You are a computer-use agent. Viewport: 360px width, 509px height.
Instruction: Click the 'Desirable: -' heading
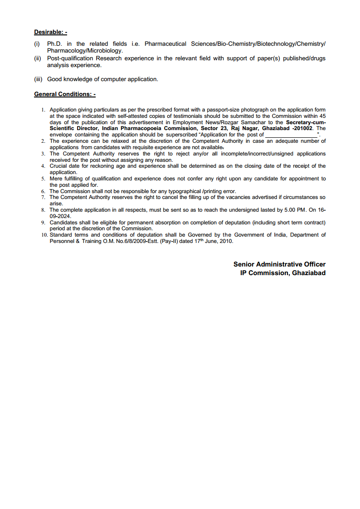(50, 32)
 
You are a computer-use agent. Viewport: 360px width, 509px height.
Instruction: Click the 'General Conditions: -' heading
(65, 94)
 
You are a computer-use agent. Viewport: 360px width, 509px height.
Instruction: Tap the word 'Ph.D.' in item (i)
(55, 44)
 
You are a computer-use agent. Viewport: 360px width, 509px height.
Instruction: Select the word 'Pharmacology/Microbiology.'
(85, 51)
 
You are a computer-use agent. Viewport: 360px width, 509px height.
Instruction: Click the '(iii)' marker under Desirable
(39, 79)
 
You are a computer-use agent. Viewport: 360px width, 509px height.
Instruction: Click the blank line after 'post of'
(291, 135)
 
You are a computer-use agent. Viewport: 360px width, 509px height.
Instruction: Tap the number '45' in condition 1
(322, 116)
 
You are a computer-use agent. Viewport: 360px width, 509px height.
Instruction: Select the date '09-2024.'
(58, 216)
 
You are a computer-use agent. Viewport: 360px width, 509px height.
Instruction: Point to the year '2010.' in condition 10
(226, 242)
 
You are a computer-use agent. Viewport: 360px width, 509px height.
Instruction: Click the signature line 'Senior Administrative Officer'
(279, 264)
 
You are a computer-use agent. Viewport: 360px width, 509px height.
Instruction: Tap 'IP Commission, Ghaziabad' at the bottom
(282, 273)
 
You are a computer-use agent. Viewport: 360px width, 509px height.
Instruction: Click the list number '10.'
(44, 235)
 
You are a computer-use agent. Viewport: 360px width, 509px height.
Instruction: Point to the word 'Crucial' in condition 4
(58, 166)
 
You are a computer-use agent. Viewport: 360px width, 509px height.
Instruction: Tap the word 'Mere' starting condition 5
(56, 179)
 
